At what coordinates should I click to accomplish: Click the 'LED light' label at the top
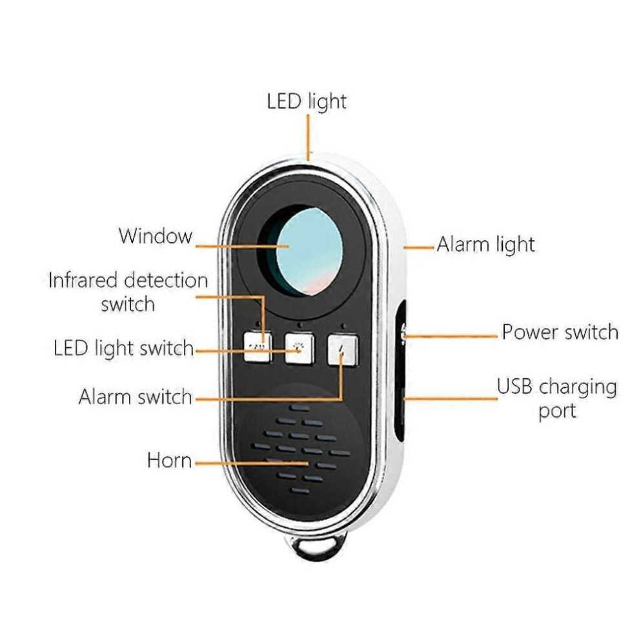click(x=307, y=101)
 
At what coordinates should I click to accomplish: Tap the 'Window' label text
click(x=156, y=236)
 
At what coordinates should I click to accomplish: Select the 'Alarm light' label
click(x=485, y=245)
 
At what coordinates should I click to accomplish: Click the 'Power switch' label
click(x=560, y=332)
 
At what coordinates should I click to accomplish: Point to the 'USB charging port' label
click(x=556, y=398)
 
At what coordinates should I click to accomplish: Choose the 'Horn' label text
click(x=169, y=460)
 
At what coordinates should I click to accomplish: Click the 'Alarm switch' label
click(x=136, y=396)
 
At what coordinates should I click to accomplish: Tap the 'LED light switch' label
click(x=123, y=349)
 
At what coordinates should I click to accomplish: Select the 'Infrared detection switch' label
click(x=128, y=292)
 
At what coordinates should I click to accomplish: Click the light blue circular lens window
click(x=309, y=252)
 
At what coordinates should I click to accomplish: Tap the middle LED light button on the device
click(x=299, y=349)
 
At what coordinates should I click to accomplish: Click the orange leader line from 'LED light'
click(x=309, y=137)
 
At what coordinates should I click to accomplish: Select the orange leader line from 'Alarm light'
click(x=419, y=247)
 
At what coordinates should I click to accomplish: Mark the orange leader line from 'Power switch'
click(x=451, y=337)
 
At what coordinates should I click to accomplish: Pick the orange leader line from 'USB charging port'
click(x=451, y=398)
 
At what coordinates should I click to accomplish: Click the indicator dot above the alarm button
click(x=343, y=327)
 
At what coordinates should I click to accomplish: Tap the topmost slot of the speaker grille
click(x=299, y=407)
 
